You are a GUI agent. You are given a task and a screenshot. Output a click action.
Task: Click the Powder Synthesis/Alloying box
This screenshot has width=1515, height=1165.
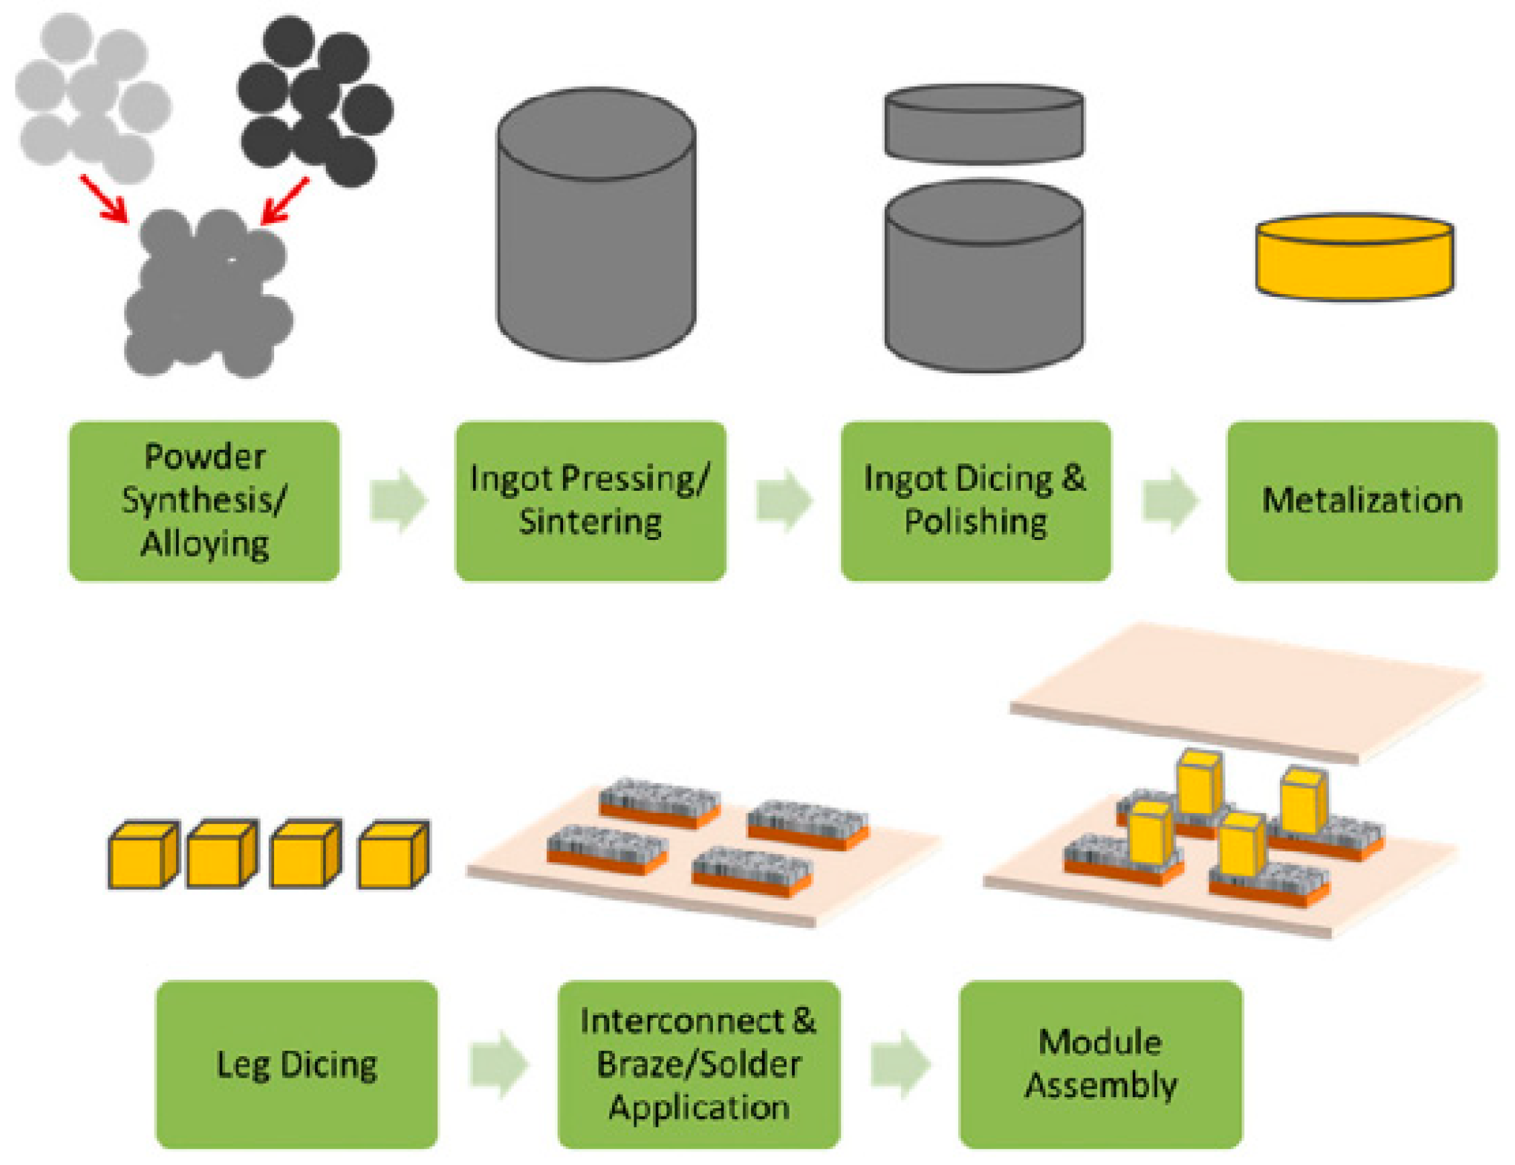[204, 502]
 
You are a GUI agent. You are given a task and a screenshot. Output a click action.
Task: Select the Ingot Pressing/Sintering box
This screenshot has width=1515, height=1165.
[591, 502]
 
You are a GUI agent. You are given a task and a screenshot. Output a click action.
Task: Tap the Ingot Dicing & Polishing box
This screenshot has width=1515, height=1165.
[976, 502]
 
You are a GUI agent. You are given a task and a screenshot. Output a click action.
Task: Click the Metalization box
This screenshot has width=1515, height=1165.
[1362, 502]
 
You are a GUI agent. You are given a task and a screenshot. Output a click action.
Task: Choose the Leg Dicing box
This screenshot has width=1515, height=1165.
[297, 1064]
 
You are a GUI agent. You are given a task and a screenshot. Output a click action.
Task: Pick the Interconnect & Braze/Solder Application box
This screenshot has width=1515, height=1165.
[699, 1064]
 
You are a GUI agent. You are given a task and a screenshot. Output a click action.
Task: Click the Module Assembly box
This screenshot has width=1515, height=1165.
[1101, 1064]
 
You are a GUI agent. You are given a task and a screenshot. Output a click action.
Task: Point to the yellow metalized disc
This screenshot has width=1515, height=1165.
[1354, 258]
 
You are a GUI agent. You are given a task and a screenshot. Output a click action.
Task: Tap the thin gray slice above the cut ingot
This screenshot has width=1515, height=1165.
[984, 125]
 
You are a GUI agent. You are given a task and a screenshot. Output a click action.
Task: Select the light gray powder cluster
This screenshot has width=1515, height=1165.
[90, 101]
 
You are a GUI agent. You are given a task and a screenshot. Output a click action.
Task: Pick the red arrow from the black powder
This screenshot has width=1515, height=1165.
[284, 201]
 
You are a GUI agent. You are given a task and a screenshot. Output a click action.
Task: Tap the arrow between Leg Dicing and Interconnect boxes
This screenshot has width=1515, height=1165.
[499, 1064]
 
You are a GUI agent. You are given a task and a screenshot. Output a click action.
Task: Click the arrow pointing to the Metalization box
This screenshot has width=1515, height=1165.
[1170, 501]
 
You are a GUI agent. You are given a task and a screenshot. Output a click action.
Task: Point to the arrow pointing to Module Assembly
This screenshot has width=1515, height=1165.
[900, 1064]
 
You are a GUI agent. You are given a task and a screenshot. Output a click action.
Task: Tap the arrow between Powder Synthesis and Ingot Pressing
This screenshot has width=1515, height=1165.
[398, 501]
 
